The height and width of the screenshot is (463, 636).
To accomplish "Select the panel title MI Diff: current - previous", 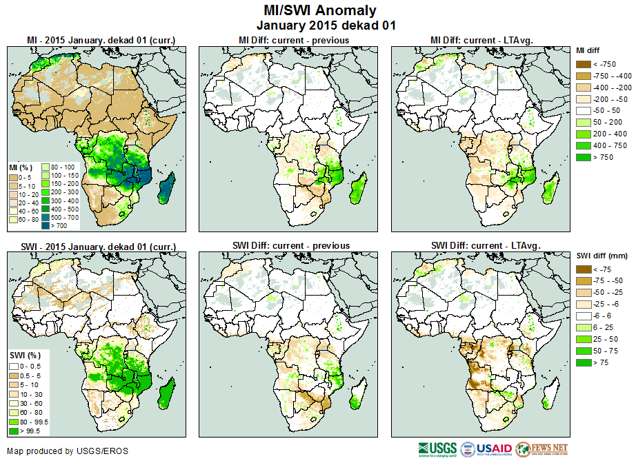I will (x=293, y=40).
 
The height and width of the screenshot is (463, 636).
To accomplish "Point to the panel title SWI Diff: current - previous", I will (x=293, y=245).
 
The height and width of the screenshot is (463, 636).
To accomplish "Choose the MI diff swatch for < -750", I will (x=584, y=63).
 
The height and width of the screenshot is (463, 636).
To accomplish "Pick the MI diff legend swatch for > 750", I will (x=584, y=157).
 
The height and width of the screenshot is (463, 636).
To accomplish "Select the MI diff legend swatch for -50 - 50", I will (x=584, y=110).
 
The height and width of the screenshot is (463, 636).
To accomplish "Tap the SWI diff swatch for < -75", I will (x=584, y=269).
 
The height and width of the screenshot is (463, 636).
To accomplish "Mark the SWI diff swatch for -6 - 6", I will (x=584, y=315).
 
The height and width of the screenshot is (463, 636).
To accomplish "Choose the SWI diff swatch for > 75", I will (x=584, y=362).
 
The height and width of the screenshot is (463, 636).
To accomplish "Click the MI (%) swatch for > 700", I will (x=46, y=225).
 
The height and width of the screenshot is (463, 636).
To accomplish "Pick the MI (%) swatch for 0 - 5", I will (x=13, y=177).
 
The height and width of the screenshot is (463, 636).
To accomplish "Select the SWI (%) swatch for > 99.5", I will (x=13, y=431).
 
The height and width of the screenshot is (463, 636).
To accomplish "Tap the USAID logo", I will (x=487, y=449).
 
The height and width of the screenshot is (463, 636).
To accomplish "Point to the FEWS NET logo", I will (x=541, y=449).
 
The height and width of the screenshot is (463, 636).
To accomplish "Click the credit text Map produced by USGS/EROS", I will (x=68, y=451).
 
